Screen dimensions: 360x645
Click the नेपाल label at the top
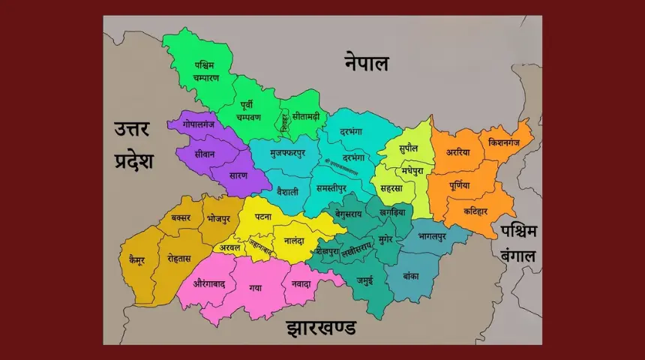(x=367, y=62)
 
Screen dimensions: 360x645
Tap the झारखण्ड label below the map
(x=321, y=328)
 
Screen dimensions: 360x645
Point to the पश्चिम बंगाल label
(x=519, y=243)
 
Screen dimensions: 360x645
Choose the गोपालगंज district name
(x=198, y=124)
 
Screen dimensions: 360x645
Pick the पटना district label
(x=263, y=216)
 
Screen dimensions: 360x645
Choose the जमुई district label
(x=364, y=281)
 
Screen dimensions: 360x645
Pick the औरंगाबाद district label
(x=209, y=284)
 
